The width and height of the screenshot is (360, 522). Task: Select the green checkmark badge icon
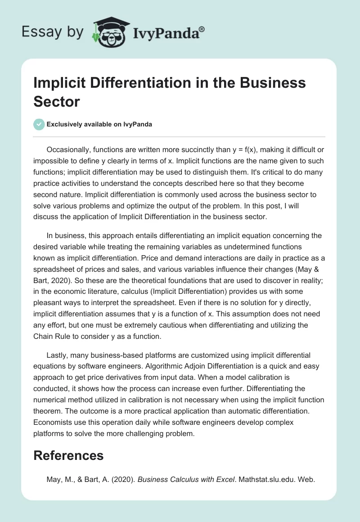point(39,124)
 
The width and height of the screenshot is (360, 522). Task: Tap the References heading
point(68,455)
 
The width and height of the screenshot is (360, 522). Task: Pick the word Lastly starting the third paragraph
point(57,355)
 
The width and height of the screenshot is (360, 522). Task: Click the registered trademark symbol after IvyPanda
point(202,28)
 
